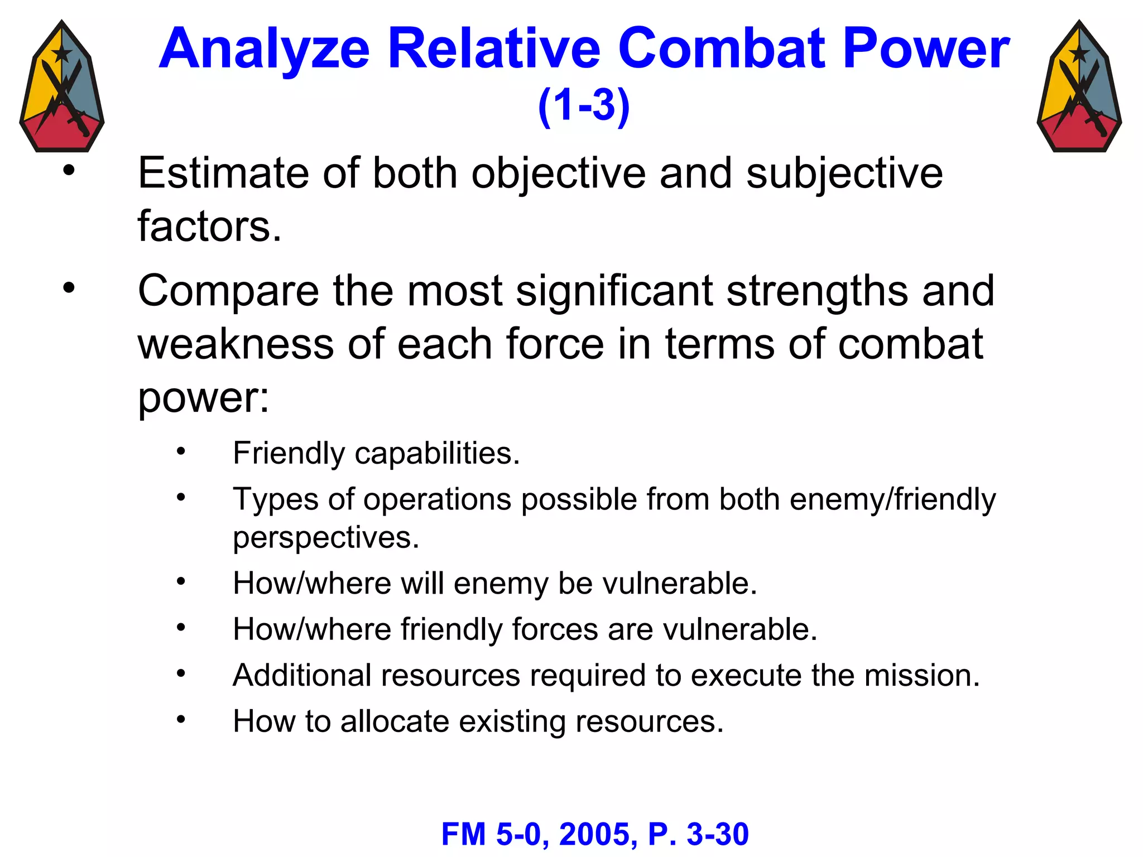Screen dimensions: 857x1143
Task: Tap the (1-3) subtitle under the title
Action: click(x=584, y=105)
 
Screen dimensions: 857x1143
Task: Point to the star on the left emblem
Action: click(x=61, y=54)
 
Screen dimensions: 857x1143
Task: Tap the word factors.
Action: click(x=209, y=226)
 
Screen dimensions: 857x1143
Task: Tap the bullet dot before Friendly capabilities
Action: click(x=180, y=451)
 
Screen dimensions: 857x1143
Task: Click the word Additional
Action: click(x=302, y=675)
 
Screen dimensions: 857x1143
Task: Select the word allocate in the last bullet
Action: click(x=395, y=721)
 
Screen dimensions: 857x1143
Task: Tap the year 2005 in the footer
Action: click(x=598, y=835)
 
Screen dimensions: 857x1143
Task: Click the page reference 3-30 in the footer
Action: click(x=718, y=835)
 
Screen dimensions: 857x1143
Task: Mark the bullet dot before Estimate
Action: click(x=69, y=171)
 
